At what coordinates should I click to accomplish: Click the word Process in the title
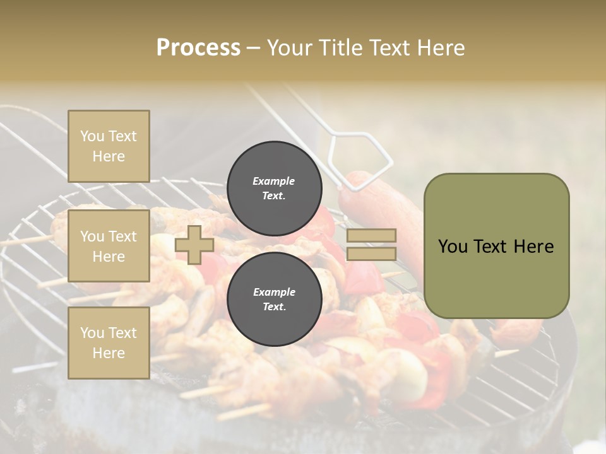198,48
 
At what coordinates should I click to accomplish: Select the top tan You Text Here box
109,146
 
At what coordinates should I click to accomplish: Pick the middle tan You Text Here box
109,246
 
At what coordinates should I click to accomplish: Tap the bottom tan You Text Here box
109,342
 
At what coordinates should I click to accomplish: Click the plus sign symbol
194,245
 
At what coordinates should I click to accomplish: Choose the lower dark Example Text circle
274,300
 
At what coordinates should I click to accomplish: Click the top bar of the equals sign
372,235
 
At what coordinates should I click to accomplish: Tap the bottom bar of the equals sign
372,253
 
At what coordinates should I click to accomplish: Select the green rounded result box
496,246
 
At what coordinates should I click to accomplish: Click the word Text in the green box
494,247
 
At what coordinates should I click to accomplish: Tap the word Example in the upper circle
274,181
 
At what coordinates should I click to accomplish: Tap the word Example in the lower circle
274,292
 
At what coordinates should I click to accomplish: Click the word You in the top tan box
92,136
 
